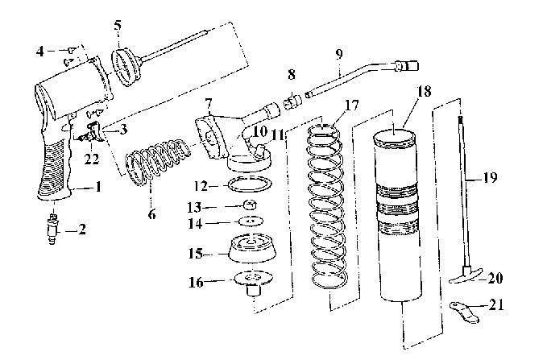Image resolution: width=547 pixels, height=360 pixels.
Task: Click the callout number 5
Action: tap(118, 26)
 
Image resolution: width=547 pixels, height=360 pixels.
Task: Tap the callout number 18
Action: tap(424, 91)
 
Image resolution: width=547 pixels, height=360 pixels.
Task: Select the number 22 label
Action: tap(92, 159)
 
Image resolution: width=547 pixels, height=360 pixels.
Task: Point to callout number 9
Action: tap(339, 54)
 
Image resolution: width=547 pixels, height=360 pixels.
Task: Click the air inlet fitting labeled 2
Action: tap(52, 230)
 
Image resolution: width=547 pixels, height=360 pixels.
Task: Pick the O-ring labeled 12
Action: tap(250, 184)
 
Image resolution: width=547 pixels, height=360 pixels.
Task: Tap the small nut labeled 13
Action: tap(251, 204)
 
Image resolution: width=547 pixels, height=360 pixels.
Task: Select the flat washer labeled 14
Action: tap(251, 221)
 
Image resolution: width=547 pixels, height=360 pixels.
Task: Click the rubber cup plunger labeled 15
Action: tap(253, 247)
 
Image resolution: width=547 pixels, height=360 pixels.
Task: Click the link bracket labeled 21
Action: tap(464, 312)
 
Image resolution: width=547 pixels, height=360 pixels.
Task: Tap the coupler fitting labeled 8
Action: tap(292, 102)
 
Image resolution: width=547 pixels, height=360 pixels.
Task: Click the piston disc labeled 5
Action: tap(126, 68)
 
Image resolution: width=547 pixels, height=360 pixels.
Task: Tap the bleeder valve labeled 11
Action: tap(260, 151)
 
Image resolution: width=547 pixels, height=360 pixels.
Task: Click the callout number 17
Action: tap(351, 105)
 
